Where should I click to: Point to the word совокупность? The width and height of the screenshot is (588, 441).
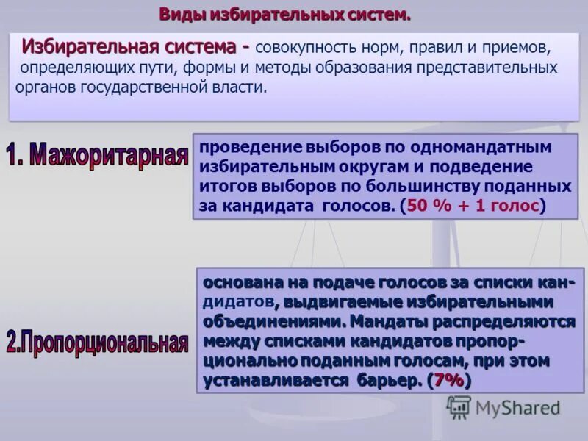click(304, 48)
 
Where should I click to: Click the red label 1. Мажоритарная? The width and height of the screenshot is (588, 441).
click(97, 157)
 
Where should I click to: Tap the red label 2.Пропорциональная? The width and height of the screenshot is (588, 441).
click(97, 343)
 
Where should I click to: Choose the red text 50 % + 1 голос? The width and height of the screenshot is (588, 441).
click(473, 206)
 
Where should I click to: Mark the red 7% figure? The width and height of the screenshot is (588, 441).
click(449, 380)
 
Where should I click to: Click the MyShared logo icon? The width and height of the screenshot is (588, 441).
click(459, 407)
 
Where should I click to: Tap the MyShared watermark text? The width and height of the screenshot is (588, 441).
click(517, 408)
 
